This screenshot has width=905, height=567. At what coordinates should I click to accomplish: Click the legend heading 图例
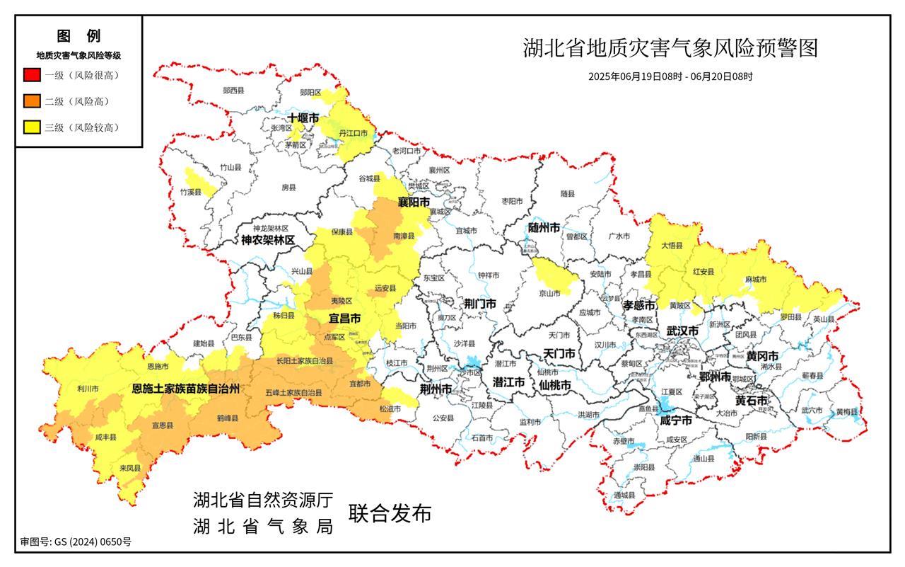(78, 36)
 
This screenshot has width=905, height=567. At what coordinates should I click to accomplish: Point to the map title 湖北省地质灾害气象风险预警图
(670, 48)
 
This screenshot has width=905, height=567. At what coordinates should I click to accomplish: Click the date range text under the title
(670, 76)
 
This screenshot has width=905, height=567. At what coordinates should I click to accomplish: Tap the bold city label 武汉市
(682, 331)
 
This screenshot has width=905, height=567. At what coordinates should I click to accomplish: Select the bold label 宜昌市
(344, 319)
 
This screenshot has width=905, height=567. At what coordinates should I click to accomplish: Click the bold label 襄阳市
(413, 202)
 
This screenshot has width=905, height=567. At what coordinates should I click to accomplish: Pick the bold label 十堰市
(303, 118)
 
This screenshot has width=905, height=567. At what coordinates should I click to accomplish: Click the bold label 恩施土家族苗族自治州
(187, 389)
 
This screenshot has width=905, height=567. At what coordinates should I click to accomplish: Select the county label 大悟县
(672, 246)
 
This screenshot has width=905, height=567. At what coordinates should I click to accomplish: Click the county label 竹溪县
(190, 193)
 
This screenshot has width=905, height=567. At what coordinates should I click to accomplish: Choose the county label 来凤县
(130, 468)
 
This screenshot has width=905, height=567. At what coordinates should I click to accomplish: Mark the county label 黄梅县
(846, 412)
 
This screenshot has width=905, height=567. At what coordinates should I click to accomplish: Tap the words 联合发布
(388, 514)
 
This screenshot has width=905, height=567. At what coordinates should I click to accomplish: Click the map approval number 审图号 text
(76, 542)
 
